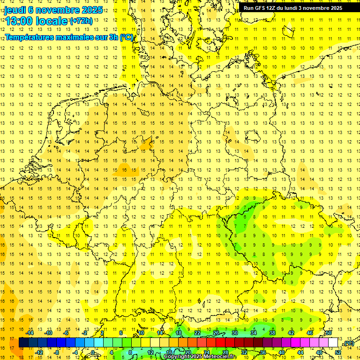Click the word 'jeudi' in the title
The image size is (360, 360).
[15, 9]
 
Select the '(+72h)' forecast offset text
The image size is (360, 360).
[81, 21]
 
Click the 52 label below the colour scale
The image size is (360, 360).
[338, 352]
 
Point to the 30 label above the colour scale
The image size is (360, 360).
[235, 333]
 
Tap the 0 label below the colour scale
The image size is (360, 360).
[93, 352]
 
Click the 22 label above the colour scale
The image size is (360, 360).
[197, 333]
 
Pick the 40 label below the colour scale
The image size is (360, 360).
[282, 352]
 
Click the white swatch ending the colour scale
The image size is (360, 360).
[333, 343]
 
